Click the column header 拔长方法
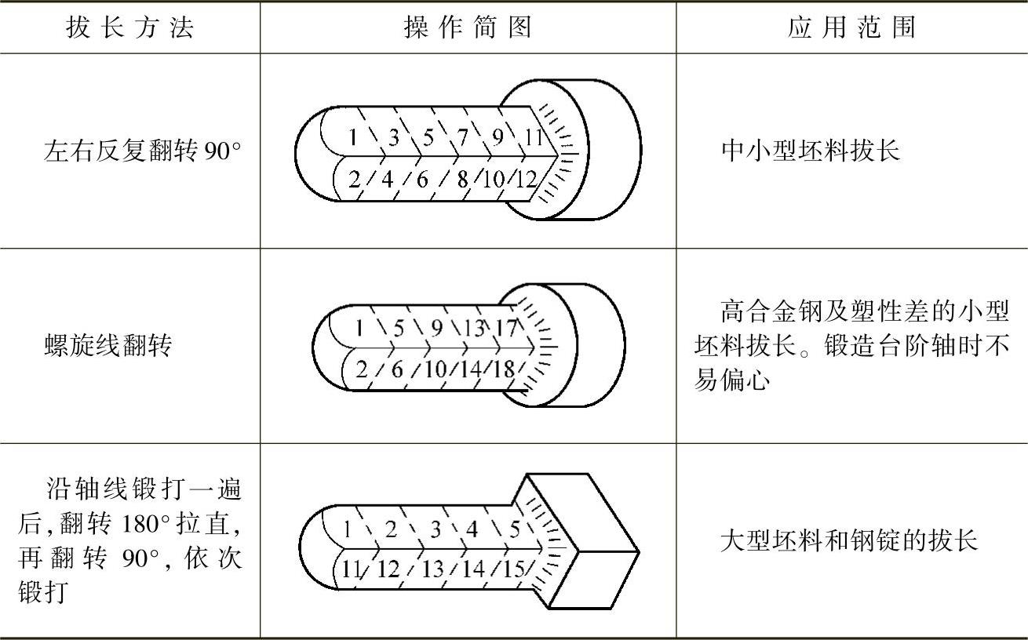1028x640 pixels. tap(130, 27)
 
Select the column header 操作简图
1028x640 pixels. tap(468, 27)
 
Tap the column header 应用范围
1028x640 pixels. tap(851, 27)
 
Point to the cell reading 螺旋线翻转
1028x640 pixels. tap(108, 345)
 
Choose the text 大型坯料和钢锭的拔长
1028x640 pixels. tap(848, 541)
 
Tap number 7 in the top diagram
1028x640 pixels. tap(463, 136)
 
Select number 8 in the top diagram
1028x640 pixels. tap(461, 180)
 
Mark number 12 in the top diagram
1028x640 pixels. tap(526, 180)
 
